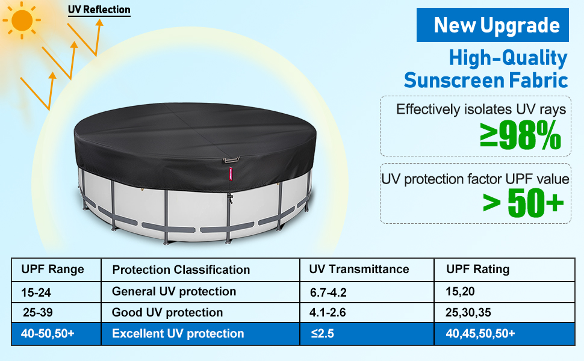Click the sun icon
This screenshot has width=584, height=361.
click(22, 20)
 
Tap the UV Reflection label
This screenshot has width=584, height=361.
click(99, 10)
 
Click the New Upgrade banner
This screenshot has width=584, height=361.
click(492, 25)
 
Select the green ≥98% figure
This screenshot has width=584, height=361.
click(520, 135)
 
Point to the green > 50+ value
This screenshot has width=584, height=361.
click(523, 203)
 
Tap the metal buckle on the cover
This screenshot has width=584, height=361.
click(231, 161)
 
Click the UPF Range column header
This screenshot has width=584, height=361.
click(52, 270)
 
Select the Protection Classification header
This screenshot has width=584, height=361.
click(181, 270)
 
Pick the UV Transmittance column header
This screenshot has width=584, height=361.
click(359, 269)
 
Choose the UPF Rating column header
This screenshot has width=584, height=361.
click(478, 269)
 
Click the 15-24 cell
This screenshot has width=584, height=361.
click(36, 292)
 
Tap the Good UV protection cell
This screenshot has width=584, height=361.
click(167, 313)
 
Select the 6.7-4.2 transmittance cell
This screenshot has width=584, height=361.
click(328, 292)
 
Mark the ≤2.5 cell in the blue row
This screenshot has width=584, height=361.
click(323, 333)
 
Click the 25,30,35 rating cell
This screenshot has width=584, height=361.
click(468, 313)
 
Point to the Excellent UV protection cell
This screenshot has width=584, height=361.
click(178, 333)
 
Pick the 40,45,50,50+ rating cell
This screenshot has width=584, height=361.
click(480, 333)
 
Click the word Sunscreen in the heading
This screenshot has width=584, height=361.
click(454, 81)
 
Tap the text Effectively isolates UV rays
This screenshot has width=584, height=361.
click(481, 110)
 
